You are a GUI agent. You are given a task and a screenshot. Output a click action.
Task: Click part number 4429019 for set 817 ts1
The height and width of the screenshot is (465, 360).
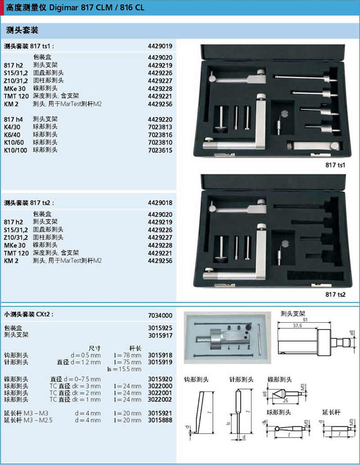(160, 46)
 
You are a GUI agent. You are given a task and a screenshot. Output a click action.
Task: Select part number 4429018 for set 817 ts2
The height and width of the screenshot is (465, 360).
(160, 203)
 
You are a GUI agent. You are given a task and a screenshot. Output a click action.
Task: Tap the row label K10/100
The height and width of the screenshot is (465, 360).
(15, 151)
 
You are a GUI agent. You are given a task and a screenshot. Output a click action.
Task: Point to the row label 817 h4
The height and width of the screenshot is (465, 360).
(13, 120)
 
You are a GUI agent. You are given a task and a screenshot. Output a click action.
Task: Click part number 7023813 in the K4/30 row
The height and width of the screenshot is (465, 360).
(160, 127)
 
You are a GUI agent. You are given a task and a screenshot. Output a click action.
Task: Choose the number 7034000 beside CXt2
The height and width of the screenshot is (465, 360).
(160, 315)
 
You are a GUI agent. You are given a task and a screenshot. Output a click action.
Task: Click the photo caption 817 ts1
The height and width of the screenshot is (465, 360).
(335, 165)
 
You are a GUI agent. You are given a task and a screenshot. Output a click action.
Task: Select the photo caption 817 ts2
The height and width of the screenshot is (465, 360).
(335, 294)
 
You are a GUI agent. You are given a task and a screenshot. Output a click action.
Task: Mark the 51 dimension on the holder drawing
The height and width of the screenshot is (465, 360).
(305, 320)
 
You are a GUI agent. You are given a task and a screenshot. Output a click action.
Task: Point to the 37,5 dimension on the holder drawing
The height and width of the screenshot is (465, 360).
(297, 326)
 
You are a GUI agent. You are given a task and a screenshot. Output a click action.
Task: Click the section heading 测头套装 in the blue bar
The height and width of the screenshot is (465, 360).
(22, 30)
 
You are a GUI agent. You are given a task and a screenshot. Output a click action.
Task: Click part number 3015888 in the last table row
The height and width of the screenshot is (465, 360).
(160, 420)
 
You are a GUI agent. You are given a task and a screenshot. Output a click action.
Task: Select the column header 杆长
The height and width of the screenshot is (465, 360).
(135, 348)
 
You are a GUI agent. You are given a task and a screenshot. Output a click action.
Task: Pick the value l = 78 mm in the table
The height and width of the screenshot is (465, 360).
(128, 355)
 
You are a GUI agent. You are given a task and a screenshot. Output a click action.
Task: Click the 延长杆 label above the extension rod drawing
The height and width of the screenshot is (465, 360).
(331, 412)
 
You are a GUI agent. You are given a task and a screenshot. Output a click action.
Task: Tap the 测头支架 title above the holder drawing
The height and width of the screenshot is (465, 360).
(293, 313)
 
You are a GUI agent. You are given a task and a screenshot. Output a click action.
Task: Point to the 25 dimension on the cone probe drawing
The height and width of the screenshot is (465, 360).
(285, 401)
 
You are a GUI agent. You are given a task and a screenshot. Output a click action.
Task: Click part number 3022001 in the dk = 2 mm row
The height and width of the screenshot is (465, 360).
(160, 393)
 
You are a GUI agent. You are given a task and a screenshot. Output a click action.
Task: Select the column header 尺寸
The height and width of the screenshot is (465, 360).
(95, 348)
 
